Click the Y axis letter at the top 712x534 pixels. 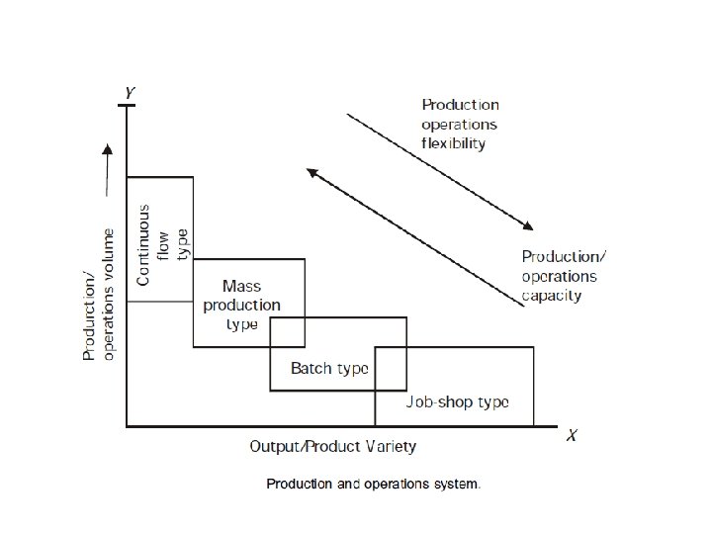[130, 93]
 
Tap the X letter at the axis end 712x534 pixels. [572, 435]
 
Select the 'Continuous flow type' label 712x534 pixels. [162, 245]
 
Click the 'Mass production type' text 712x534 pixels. [241, 306]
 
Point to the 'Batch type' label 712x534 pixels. [329, 368]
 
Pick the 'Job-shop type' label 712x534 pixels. [457, 402]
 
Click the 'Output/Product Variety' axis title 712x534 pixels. [333, 447]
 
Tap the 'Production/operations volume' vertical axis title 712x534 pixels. [98, 295]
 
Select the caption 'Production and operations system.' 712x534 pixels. [373, 484]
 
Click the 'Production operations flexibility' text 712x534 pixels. [460, 124]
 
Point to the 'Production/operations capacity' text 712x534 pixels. [564, 276]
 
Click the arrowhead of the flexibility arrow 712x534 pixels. [528, 225]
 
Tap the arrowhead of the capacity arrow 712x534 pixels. [311, 172]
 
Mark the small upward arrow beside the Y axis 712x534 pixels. [107, 170]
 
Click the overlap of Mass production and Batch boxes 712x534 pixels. [288, 332]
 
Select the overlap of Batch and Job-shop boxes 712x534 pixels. [391, 369]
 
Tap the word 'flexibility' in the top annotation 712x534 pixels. [453, 143]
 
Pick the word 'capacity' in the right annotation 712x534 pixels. [551, 296]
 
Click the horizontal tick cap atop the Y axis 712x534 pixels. [127, 106]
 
